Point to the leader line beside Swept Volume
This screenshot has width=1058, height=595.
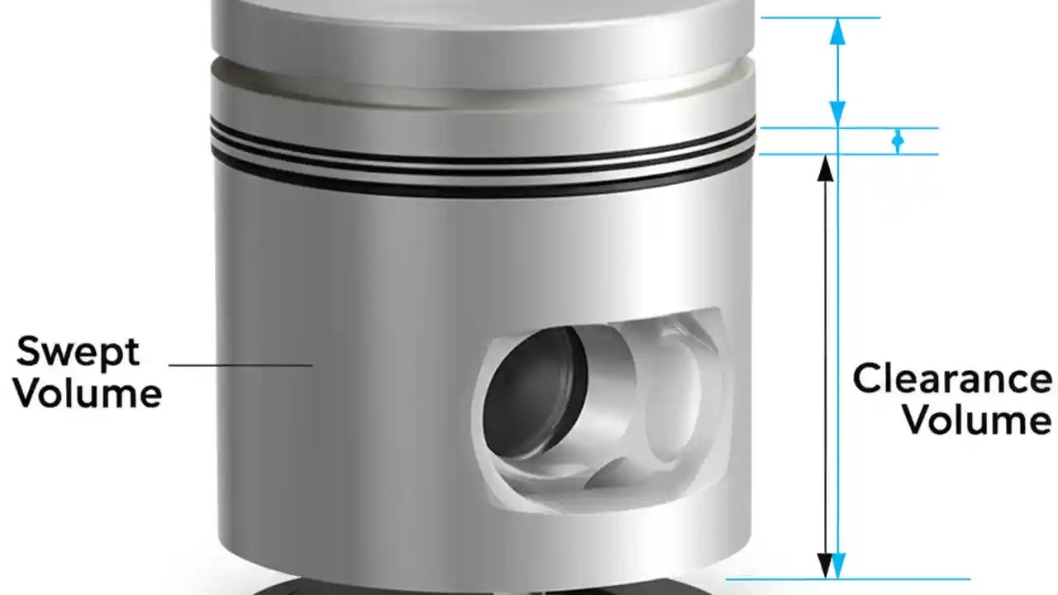[240, 364]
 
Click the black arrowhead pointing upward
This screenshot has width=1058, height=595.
[825, 167]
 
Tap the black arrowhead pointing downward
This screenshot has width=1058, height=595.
[825, 566]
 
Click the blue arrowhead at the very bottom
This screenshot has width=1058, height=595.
[838, 566]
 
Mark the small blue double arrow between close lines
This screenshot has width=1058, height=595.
[898, 141]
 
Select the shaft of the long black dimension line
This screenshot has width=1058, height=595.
[825, 364]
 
